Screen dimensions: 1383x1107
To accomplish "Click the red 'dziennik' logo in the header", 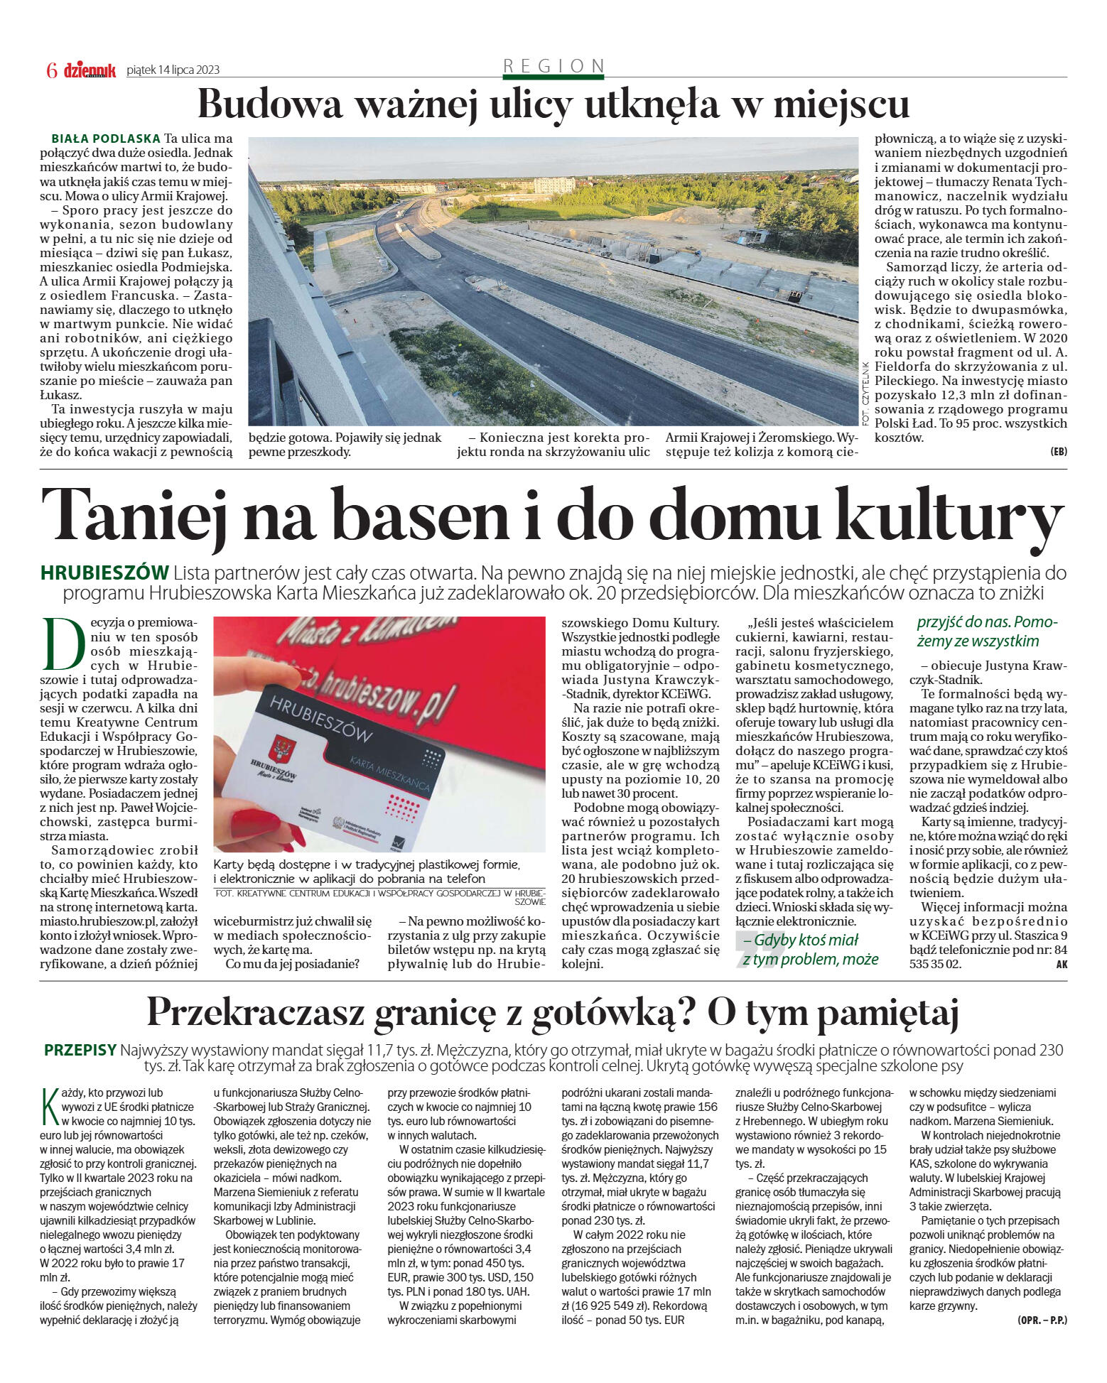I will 90,70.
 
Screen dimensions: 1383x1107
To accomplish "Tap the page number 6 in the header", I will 51,70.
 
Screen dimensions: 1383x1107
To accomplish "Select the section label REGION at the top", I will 553,65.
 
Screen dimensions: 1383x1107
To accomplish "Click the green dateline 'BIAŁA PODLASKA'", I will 106,139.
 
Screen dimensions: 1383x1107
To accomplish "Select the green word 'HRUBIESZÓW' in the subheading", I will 105,573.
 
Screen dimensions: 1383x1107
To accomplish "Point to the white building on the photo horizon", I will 553,185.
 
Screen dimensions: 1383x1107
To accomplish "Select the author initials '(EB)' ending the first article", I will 1058,452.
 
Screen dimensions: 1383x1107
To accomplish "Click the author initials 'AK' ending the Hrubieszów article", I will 1062,964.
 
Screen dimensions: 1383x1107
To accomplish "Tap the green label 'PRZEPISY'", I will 80,1050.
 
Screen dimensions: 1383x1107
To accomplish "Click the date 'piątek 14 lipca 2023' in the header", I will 173,70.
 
